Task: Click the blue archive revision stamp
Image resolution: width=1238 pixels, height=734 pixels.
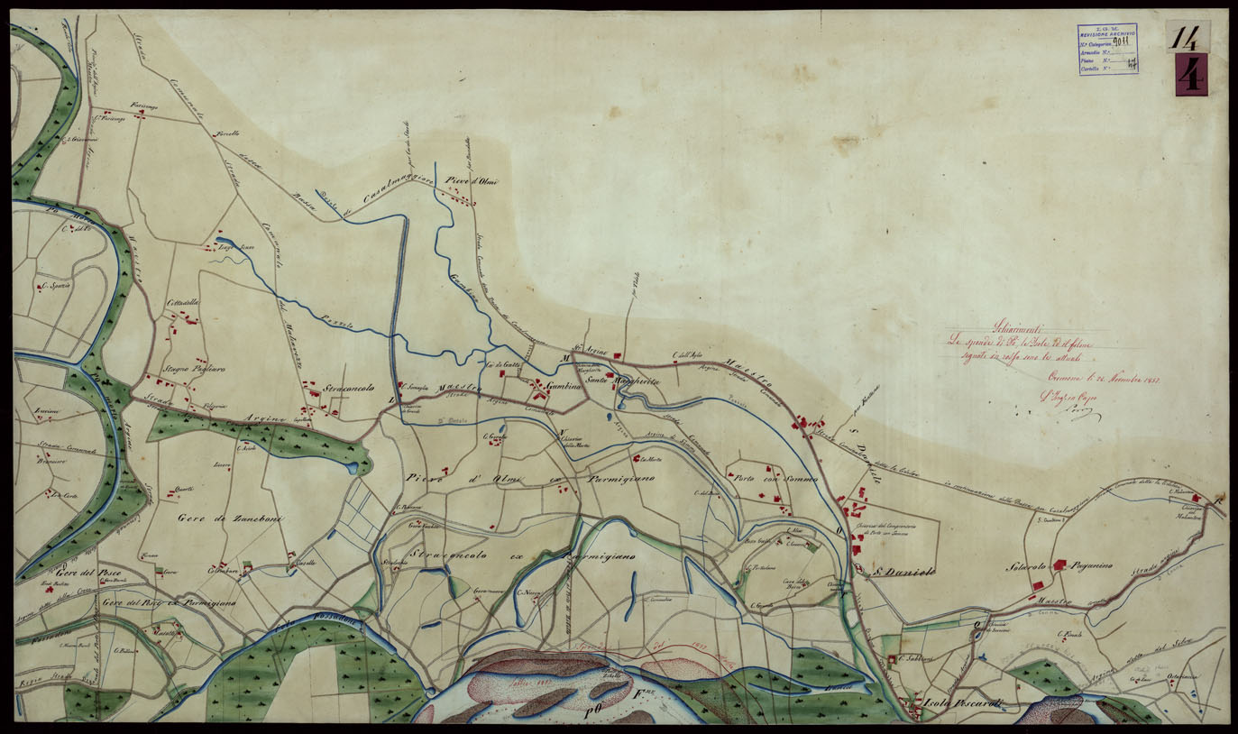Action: pyautogui.click(x=1107, y=49)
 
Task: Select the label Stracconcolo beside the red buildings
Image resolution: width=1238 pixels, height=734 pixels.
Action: pyautogui.click(x=349, y=389)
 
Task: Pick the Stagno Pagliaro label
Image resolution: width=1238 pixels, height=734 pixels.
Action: pyautogui.click(x=194, y=370)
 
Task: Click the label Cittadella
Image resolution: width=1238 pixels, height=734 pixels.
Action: pyautogui.click(x=182, y=303)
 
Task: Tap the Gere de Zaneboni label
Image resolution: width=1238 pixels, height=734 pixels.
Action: pyautogui.click(x=217, y=517)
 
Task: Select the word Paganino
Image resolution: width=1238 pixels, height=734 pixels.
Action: pyautogui.click(x=1092, y=566)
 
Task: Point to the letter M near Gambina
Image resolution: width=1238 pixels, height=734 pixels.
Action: pyautogui.click(x=565, y=358)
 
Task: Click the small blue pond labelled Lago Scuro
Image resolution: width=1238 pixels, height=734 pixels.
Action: pyautogui.click(x=224, y=242)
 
